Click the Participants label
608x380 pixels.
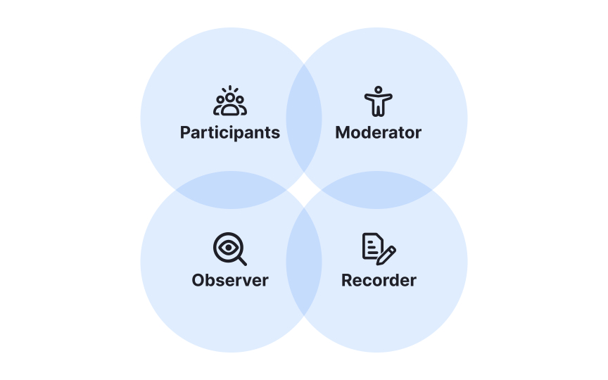[x=230, y=132]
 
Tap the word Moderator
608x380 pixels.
[x=378, y=132]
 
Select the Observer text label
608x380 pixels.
[x=230, y=280]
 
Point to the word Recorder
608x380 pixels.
[x=379, y=280]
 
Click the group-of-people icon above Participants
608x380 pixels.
[x=230, y=102]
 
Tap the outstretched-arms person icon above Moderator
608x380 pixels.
[x=378, y=102]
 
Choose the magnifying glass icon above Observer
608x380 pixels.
[x=229, y=249]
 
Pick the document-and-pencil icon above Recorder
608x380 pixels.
[x=379, y=249]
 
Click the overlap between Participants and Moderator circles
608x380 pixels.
[x=304, y=118]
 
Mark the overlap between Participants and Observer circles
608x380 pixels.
[x=231, y=190]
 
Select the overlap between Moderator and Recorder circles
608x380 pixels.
[x=377, y=190]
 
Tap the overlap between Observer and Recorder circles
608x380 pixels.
[x=304, y=262]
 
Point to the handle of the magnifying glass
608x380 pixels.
[x=242, y=261]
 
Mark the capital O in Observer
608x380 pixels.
[x=198, y=280]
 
